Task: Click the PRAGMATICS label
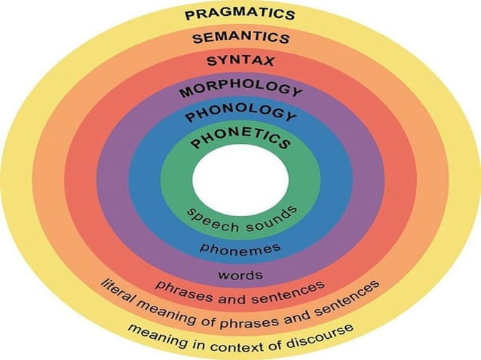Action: click(x=240, y=14)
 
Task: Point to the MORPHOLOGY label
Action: click(x=240, y=90)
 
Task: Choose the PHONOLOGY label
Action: click(x=240, y=115)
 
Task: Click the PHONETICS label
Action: click(x=240, y=140)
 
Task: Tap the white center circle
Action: click(x=240, y=180)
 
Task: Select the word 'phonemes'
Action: click(x=240, y=247)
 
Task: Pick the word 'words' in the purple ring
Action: click(x=240, y=274)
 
